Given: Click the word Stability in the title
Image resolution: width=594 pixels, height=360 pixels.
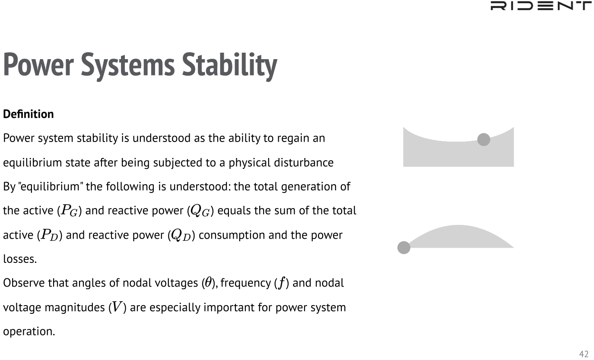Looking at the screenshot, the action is (230, 65).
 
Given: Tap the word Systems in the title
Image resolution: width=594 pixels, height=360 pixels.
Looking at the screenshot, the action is (128, 65).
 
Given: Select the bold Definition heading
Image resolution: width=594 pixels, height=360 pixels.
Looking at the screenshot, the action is (29, 114).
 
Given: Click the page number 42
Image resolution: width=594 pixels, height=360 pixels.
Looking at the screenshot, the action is (584, 354).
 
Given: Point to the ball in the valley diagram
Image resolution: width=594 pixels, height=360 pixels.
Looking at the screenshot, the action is (484, 139).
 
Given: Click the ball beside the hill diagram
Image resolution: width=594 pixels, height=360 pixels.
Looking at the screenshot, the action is (404, 248).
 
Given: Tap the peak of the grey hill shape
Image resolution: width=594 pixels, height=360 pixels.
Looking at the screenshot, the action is (458, 226).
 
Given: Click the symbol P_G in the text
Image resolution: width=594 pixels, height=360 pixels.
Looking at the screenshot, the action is (70, 211).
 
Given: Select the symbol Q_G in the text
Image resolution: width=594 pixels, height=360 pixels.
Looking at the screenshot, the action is (200, 211).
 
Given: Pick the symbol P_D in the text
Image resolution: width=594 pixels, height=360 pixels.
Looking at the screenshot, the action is (50, 235).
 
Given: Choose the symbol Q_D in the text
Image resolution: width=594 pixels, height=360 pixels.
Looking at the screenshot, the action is (181, 235).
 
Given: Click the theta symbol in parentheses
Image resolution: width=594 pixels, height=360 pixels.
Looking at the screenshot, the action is (208, 283).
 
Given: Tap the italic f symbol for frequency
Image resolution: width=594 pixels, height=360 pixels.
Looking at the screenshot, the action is (281, 283).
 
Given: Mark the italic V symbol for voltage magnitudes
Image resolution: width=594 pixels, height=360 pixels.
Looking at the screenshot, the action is (117, 307).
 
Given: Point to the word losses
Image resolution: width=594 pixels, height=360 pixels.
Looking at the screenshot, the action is (20, 259).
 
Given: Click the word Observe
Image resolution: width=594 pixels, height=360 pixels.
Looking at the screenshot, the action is (24, 283).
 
